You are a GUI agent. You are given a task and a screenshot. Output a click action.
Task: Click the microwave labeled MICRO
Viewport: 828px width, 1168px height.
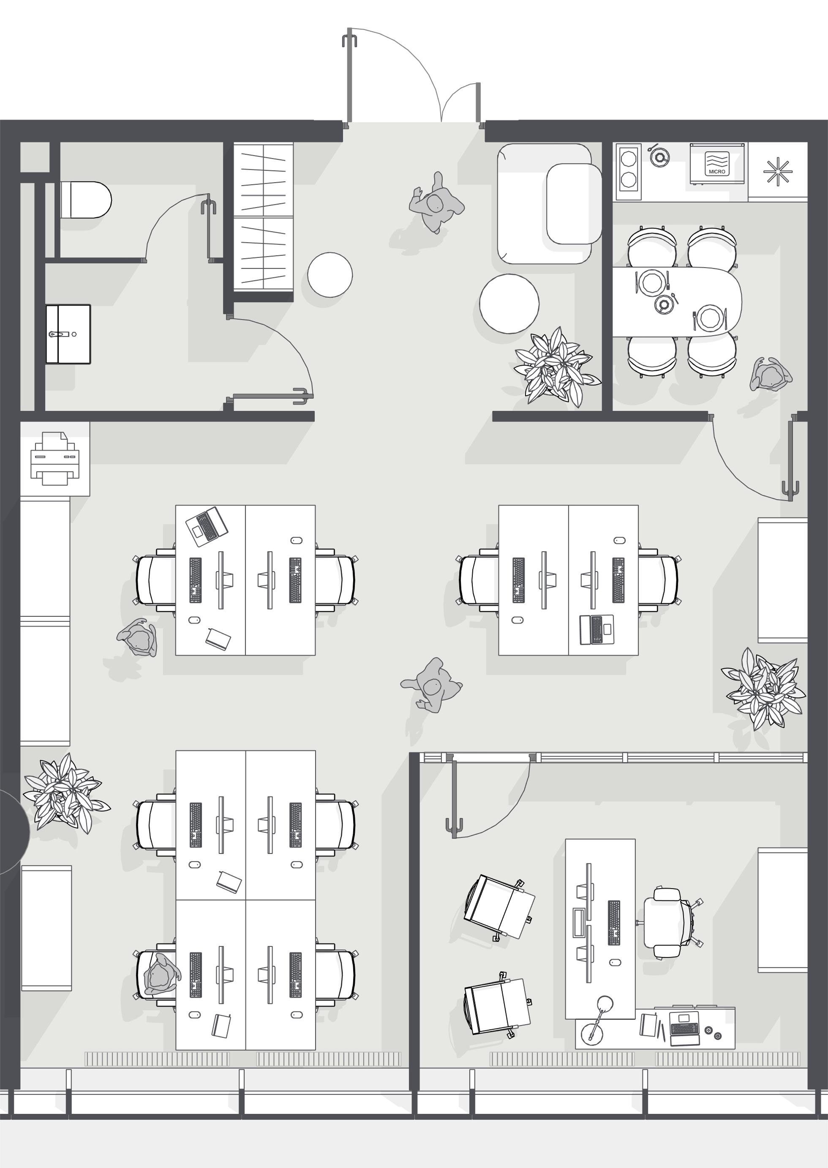coord(717,163)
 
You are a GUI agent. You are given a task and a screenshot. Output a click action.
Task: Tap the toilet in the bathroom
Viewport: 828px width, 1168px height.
coord(85,200)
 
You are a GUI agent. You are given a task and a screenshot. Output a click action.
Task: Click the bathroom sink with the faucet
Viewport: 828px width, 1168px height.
coord(68,334)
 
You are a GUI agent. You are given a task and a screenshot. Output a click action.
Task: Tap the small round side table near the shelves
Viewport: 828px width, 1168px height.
coord(330,274)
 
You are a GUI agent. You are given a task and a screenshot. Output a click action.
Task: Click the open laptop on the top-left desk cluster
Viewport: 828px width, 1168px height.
coord(207,524)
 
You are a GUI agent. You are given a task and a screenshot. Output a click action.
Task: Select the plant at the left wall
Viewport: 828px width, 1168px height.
coord(66,793)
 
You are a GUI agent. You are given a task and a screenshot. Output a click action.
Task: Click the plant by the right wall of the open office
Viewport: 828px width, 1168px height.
coord(763,689)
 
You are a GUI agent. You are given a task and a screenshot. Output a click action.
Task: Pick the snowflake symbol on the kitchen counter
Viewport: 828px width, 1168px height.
coord(778,171)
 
